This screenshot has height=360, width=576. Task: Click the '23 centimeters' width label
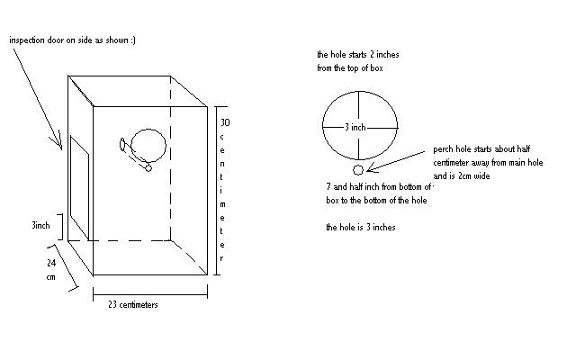[133, 304]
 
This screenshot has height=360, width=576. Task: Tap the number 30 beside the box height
[225, 122]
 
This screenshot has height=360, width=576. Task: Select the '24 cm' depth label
[51, 270]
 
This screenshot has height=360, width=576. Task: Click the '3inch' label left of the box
[40, 225]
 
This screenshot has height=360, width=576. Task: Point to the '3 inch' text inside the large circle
[355, 127]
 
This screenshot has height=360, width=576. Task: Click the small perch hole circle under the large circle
[358, 170]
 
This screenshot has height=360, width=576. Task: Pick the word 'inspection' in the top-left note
[27, 40]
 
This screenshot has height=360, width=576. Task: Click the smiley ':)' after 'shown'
[133, 40]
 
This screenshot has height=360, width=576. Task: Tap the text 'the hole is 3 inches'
[361, 227]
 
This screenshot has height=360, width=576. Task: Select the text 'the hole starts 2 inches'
[358, 54]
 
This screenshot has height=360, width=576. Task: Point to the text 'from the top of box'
[350, 68]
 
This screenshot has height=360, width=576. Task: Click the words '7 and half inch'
[353, 186]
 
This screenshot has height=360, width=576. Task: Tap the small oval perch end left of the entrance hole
[122, 144]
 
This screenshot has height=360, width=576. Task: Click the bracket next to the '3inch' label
[62, 227]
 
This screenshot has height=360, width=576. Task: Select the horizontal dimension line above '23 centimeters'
[150, 294]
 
